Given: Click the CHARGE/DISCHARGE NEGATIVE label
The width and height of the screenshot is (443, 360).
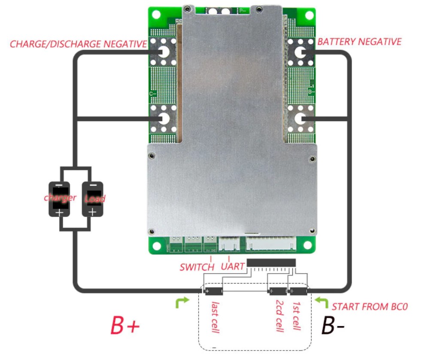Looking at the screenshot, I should click(x=79, y=44).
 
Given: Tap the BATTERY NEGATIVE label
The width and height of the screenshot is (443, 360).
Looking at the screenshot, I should click(x=359, y=42).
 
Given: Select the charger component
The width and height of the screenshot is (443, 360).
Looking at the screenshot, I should click(x=59, y=199).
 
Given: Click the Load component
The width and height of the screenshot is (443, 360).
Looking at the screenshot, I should click(x=92, y=199).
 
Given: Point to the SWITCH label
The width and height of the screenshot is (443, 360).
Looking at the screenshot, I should click(x=197, y=267).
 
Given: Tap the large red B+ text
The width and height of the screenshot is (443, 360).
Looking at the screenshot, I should click(x=125, y=326).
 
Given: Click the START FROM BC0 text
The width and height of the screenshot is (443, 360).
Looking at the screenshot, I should click(x=369, y=307).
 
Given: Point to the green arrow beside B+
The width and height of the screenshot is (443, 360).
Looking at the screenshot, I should click(x=182, y=302).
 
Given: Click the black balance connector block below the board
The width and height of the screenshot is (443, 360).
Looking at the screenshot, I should click(x=272, y=262).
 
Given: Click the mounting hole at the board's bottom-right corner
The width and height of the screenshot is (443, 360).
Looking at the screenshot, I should click(x=308, y=245).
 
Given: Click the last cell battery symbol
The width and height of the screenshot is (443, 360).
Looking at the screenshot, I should click(x=213, y=292).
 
